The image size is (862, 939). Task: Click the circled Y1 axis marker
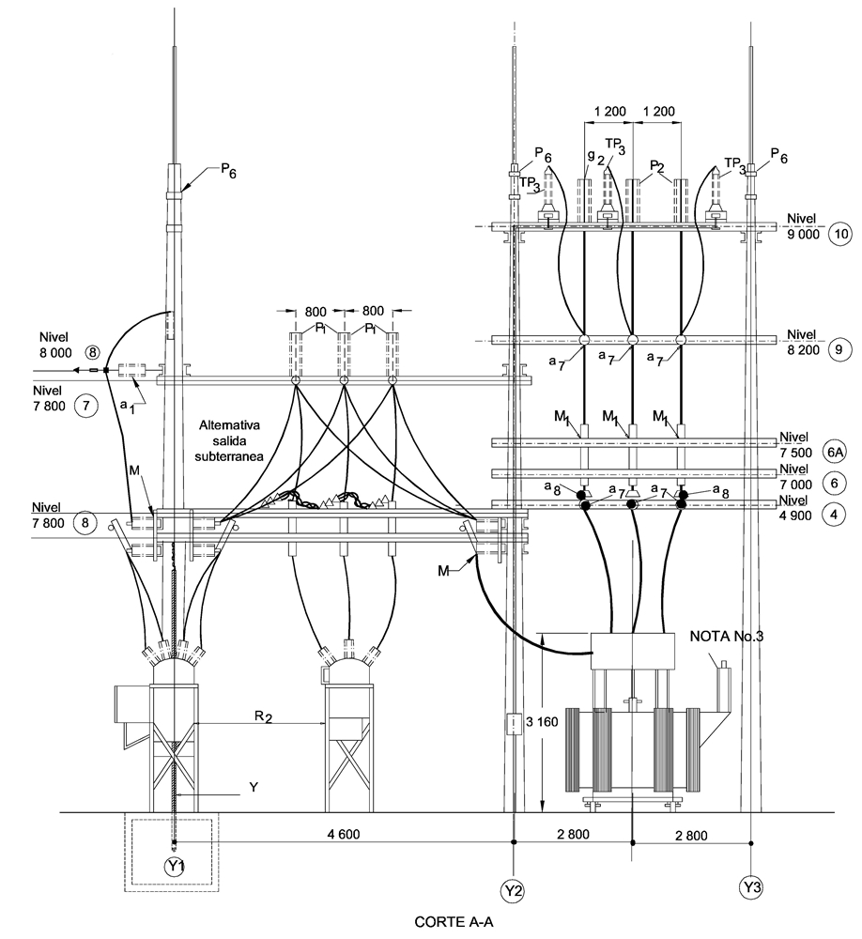point(174,867)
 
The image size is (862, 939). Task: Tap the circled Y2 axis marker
point(513,891)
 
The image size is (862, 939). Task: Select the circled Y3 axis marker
point(751,886)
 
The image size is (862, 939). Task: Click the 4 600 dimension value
point(344,834)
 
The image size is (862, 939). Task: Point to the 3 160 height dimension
point(542,721)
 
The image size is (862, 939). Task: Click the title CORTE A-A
point(454,922)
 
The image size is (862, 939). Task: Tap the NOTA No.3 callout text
point(726,636)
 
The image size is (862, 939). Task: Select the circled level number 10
point(841,234)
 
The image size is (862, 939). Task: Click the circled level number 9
point(839,349)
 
